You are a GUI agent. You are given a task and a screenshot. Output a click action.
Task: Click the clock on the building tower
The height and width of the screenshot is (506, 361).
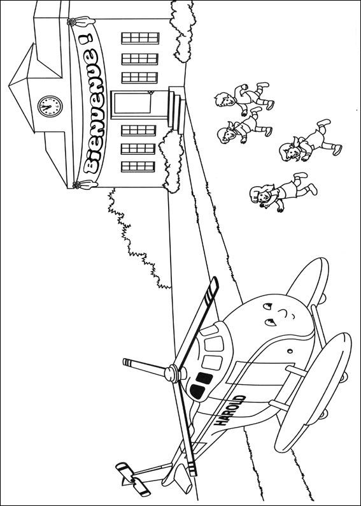click(x=50, y=106)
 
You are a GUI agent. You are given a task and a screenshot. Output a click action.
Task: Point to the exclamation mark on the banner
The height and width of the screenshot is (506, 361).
click(x=86, y=39)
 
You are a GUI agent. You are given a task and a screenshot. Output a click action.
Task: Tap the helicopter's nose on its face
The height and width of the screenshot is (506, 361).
click(x=283, y=313)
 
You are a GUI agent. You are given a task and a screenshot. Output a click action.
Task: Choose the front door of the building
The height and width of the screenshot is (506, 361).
click(x=131, y=105)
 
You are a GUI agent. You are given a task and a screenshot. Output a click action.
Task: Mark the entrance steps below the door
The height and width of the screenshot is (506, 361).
click(x=176, y=109)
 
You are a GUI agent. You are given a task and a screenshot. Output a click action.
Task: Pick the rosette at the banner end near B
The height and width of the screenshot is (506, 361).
click(x=76, y=185)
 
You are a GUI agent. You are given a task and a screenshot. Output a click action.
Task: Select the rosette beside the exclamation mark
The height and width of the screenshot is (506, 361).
click(x=71, y=22)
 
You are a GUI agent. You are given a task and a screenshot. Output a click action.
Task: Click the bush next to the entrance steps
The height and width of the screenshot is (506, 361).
click(x=171, y=161)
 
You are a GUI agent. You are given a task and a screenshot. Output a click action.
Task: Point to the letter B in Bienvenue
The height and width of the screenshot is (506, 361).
click(x=91, y=166)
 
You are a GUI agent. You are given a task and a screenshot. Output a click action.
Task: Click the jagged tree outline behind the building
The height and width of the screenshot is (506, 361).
click(x=136, y=239)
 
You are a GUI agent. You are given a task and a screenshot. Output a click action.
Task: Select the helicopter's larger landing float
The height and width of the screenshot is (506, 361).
click(x=313, y=392)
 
